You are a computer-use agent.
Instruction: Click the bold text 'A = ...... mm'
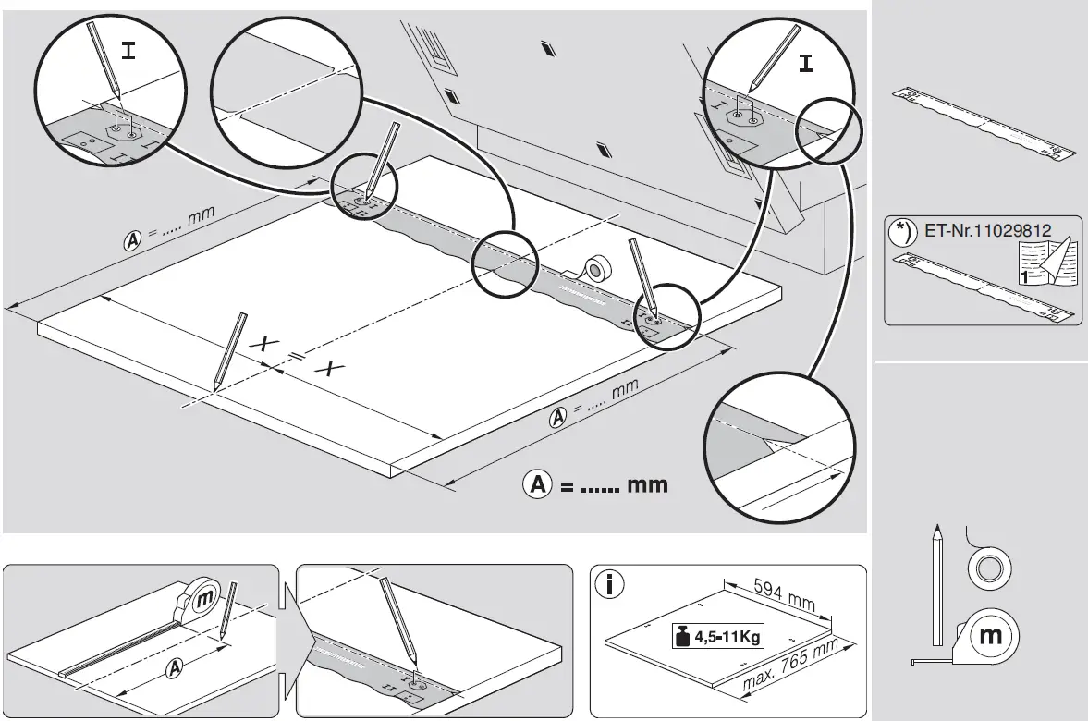595,483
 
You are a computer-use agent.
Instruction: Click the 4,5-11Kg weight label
722,637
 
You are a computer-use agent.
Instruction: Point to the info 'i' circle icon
610,584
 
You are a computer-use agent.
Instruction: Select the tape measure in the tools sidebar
987,637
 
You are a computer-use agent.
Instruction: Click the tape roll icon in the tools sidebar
988,565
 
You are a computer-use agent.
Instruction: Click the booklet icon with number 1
1049,264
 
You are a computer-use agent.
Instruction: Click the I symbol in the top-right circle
807,64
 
